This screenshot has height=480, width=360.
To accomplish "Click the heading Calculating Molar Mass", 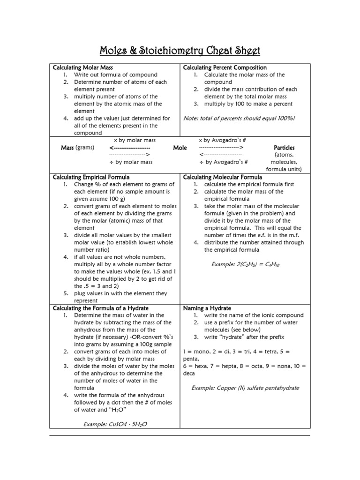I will tap(82, 67).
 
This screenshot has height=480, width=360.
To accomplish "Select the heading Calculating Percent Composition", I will tap(225, 67).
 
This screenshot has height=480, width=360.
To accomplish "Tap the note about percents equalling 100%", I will tap(239, 119).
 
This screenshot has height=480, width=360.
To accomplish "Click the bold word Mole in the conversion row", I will tap(180, 148).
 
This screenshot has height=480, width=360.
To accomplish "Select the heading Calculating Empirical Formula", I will tap(91, 177).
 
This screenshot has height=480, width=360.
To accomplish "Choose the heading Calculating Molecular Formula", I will tap(222, 177).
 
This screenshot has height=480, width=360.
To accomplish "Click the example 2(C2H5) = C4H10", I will tap(246, 265).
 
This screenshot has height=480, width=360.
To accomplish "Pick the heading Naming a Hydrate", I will tap(207, 308).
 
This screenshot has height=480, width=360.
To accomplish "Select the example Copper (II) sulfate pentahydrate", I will tap(245, 388).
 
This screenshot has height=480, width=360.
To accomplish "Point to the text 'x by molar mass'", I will tap(135, 140).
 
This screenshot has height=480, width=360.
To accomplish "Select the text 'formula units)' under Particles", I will tap(284, 169).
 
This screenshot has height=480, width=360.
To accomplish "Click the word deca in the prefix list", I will tap(188, 374).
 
